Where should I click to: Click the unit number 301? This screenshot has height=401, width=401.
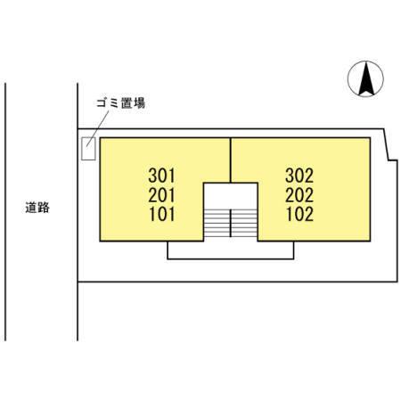coord(162,176)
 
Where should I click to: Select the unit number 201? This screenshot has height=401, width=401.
coord(162,195)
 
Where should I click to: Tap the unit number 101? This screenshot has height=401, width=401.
coord(162,214)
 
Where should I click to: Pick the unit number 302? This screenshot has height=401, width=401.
coord(299,176)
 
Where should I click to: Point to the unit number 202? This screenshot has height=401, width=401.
coord(299,195)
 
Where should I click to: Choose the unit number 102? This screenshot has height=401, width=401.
coord(299,214)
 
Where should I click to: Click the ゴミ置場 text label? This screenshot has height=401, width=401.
coord(121,103)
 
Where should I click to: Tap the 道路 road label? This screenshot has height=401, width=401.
coord(37,208)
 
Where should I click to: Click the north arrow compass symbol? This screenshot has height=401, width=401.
coord(365,78)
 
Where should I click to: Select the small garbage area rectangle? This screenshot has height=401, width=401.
coord(88,149)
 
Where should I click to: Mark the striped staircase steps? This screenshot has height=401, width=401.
coord(231,223)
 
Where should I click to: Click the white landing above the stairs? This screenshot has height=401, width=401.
coord(231,196)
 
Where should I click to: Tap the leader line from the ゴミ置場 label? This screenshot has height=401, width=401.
coord(98,128)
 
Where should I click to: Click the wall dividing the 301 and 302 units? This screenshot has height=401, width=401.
coord(231,160)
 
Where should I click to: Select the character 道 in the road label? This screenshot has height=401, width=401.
coord(31,208)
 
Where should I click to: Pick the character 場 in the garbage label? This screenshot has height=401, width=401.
coord(139,103)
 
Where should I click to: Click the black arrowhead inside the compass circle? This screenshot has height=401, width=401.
coord(366,78)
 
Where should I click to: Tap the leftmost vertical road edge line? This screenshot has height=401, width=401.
coord(5,212)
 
